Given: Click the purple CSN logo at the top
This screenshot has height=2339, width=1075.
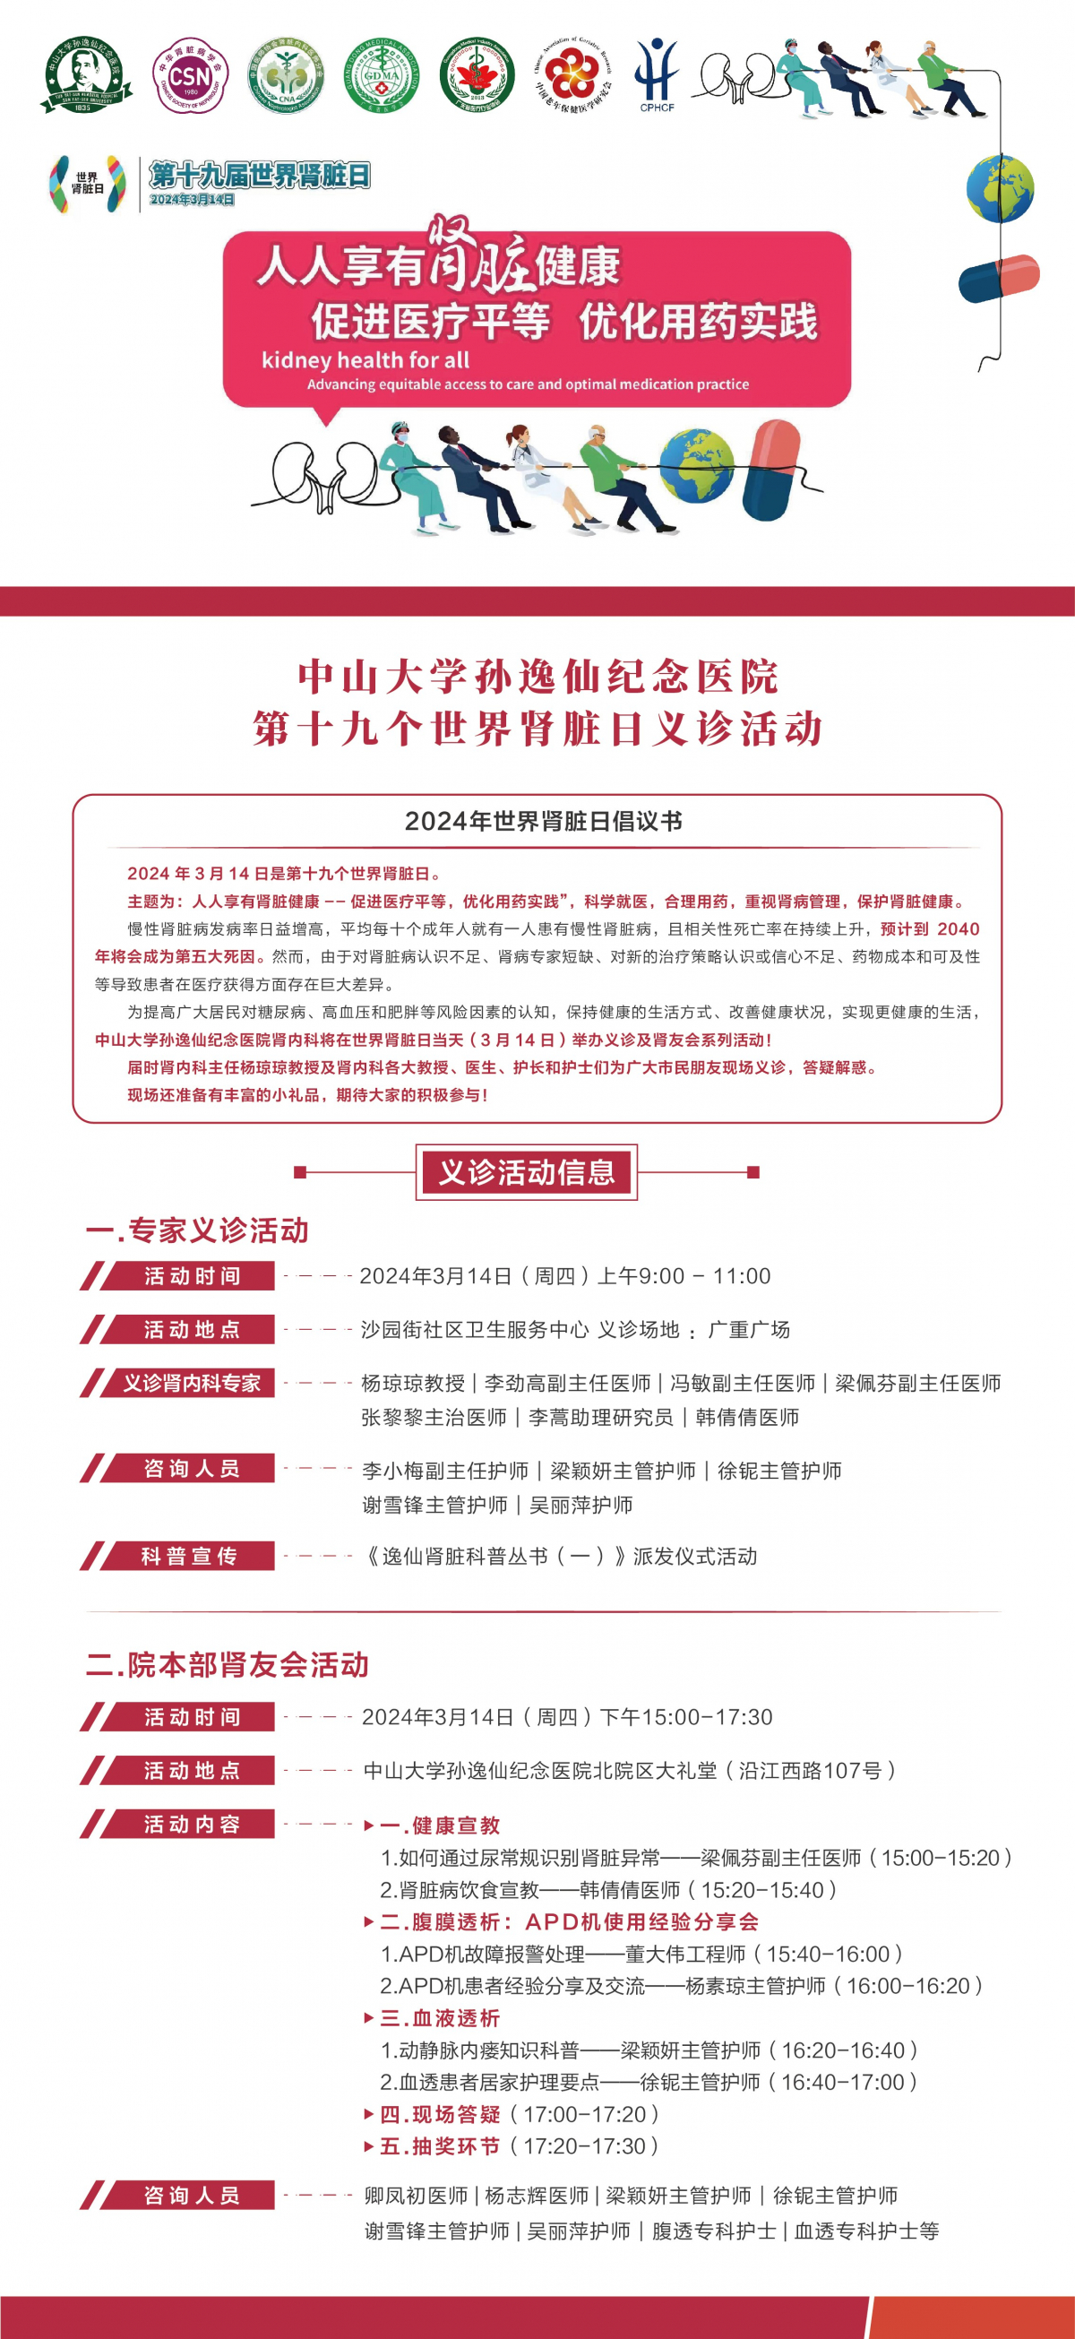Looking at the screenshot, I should tap(189, 76).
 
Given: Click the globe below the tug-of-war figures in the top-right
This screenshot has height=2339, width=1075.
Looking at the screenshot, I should tap(1000, 189).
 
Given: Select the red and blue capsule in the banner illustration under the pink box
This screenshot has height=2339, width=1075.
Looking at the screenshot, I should tap(771, 470).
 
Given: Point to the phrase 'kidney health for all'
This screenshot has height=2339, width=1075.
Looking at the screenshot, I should tap(365, 359).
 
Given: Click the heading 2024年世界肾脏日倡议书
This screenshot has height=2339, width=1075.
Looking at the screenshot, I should tap(543, 821).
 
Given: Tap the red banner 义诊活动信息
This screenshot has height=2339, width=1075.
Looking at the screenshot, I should tap(527, 1172).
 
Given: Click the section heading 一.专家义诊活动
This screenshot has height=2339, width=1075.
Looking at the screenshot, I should tap(197, 1230).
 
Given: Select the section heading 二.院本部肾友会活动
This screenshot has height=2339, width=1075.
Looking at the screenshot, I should tap(227, 1664).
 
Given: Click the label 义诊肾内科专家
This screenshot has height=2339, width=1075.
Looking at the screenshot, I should tap(191, 1383).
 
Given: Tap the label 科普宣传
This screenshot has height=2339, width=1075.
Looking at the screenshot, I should tap(189, 1557).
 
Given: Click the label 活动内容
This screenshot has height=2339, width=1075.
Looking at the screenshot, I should tap(191, 1825).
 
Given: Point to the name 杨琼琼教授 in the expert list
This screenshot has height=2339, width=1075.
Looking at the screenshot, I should tap(412, 1383).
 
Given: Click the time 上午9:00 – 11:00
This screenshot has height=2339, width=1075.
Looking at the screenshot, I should tap(684, 1276).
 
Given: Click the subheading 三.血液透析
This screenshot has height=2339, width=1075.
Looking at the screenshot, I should tap(440, 2017).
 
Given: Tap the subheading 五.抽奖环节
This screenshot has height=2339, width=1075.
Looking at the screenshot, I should tap(440, 2145).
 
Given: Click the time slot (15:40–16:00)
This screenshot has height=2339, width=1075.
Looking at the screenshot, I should tap(833, 1954).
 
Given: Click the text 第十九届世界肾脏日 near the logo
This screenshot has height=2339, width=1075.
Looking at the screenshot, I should tap(260, 175).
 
